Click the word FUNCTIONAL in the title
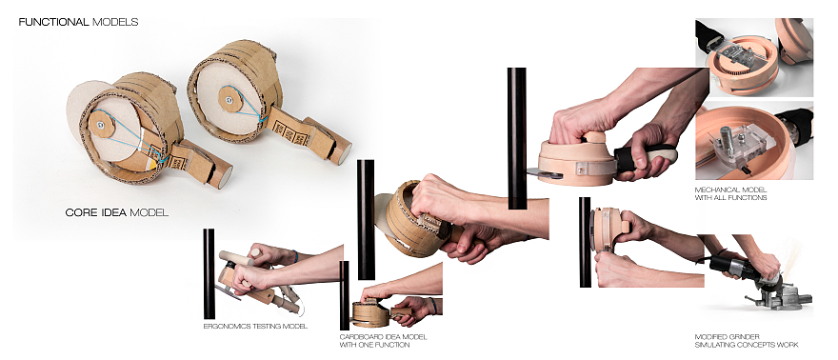[x=53, y=22]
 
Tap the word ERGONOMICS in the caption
[x=226, y=326]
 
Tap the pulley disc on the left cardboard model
[x=101, y=125]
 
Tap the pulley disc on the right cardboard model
[x=229, y=100]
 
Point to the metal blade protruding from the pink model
[x=540, y=173]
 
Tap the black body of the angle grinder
[x=735, y=265]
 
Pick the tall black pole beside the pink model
[x=516, y=138]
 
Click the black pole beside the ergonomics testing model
[x=209, y=273]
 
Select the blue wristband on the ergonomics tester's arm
[x=295, y=256]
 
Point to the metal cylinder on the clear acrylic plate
[x=726, y=137]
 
